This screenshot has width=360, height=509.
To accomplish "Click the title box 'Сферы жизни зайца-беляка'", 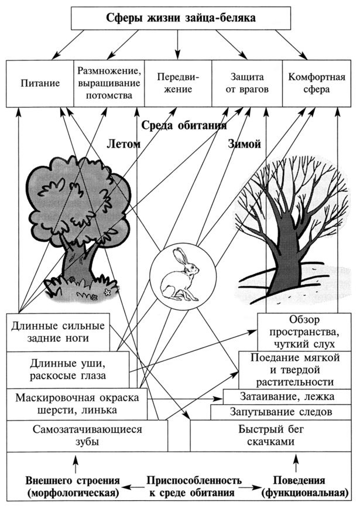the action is (181, 18).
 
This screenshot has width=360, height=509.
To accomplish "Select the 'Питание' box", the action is (40, 83).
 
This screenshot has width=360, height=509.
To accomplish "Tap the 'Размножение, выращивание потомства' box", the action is (109, 83).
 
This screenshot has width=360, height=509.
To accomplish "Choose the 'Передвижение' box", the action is (178, 83).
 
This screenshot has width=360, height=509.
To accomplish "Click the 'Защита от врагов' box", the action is (247, 83).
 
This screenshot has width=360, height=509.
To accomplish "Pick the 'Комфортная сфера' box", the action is (317, 83).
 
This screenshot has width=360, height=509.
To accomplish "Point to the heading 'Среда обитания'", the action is (184, 125).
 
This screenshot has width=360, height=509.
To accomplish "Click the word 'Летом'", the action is (124, 144).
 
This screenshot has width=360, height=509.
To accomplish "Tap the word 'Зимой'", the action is (245, 144).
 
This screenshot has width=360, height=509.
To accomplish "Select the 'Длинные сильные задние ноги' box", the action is (58, 332).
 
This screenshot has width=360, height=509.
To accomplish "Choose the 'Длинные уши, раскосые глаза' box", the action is (67, 370).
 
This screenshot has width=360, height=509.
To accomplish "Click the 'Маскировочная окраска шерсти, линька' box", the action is (77, 404).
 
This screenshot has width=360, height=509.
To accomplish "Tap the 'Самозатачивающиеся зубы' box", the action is (87, 436).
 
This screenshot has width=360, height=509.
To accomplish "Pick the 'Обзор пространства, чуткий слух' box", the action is (304, 332).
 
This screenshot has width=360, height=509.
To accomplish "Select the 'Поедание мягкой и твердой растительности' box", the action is (295, 370).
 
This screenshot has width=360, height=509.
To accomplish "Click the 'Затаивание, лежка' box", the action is (287, 397).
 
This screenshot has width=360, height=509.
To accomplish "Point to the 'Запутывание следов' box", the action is (281, 412).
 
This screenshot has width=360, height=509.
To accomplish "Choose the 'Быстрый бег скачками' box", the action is (271, 436).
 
